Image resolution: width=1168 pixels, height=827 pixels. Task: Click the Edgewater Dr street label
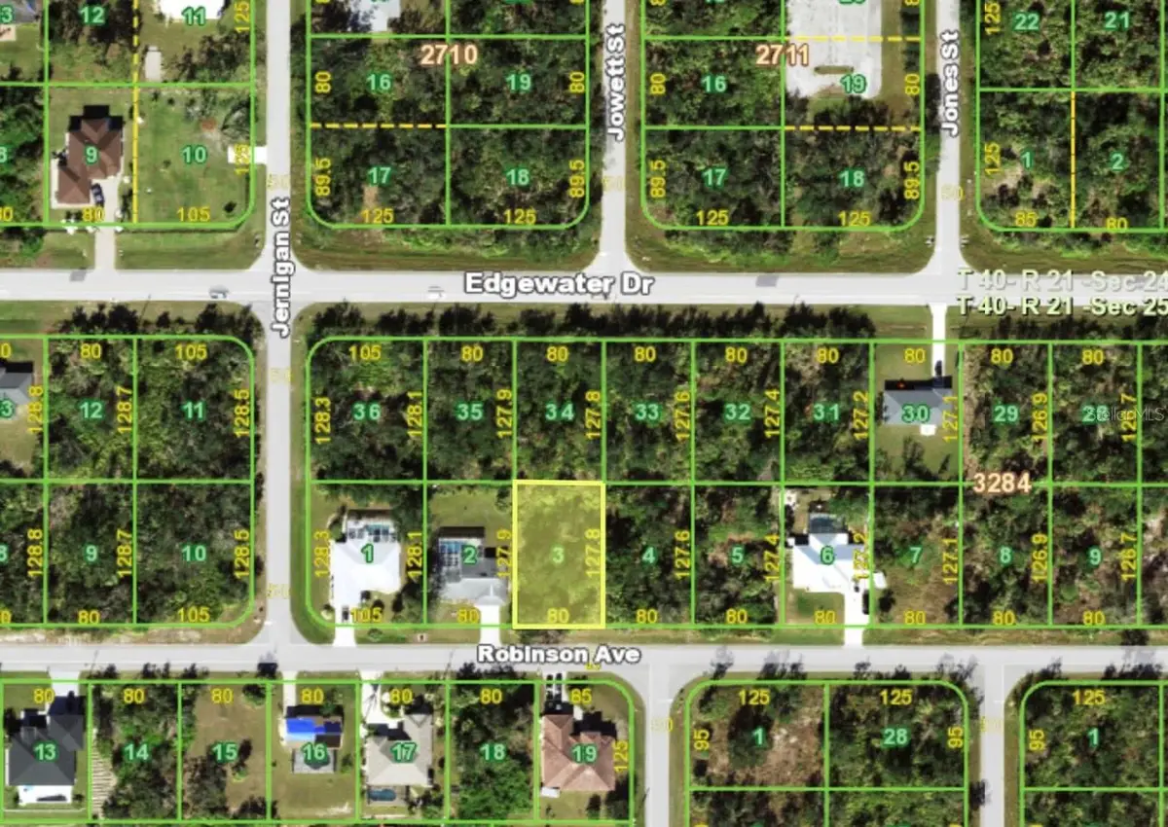click(x=559, y=284)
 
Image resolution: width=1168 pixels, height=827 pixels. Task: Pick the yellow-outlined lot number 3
click(x=557, y=556)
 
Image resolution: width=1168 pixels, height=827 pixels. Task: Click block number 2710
click(x=449, y=54)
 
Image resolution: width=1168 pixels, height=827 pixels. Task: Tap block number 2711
click(x=783, y=54)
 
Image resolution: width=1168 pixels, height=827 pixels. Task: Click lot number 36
click(x=366, y=412)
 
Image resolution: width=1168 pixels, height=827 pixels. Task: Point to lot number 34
click(x=559, y=412)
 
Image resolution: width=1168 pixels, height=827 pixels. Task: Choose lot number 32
click(x=738, y=412)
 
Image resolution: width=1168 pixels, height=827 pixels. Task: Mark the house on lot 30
click(x=916, y=403)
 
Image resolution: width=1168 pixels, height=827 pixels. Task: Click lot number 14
click(x=136, y=752)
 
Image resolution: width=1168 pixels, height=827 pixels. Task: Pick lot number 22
click(x=1026, y=21)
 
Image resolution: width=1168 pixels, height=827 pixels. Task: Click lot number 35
click(x=469, y=412)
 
